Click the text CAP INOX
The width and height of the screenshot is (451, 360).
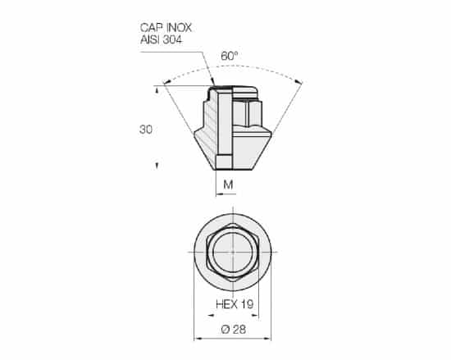pos(166,28)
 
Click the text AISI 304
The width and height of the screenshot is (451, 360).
pos(161,39)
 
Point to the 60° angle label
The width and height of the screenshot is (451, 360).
pos(230,56)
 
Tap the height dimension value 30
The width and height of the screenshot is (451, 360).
pos(146,130)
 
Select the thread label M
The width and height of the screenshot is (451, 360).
pos(228,185)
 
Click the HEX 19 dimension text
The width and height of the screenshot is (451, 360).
pos(235,304)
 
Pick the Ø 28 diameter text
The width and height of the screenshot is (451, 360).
pos(234,330)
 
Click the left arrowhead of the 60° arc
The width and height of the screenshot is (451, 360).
pos(166,82)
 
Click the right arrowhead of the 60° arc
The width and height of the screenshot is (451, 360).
pos(299,82)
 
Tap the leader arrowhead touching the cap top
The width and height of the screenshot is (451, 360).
pos(213,83)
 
